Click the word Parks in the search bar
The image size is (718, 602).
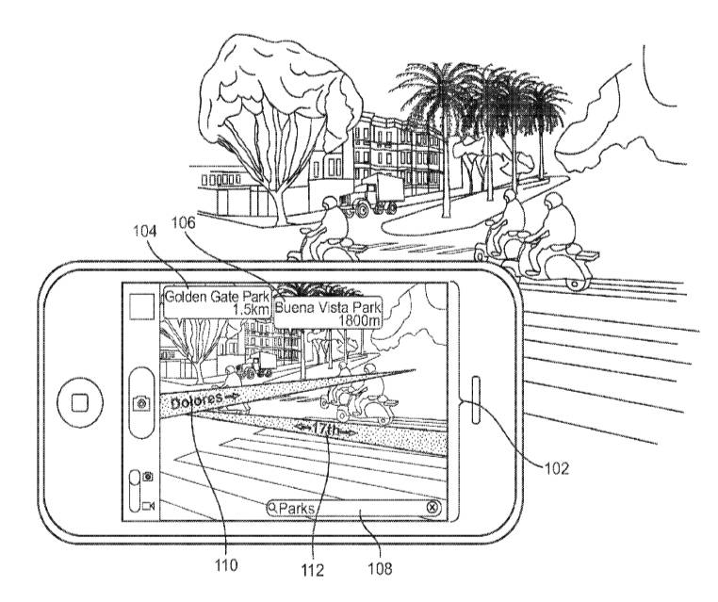point(296,508)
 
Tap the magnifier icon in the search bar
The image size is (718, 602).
point(273,508)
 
